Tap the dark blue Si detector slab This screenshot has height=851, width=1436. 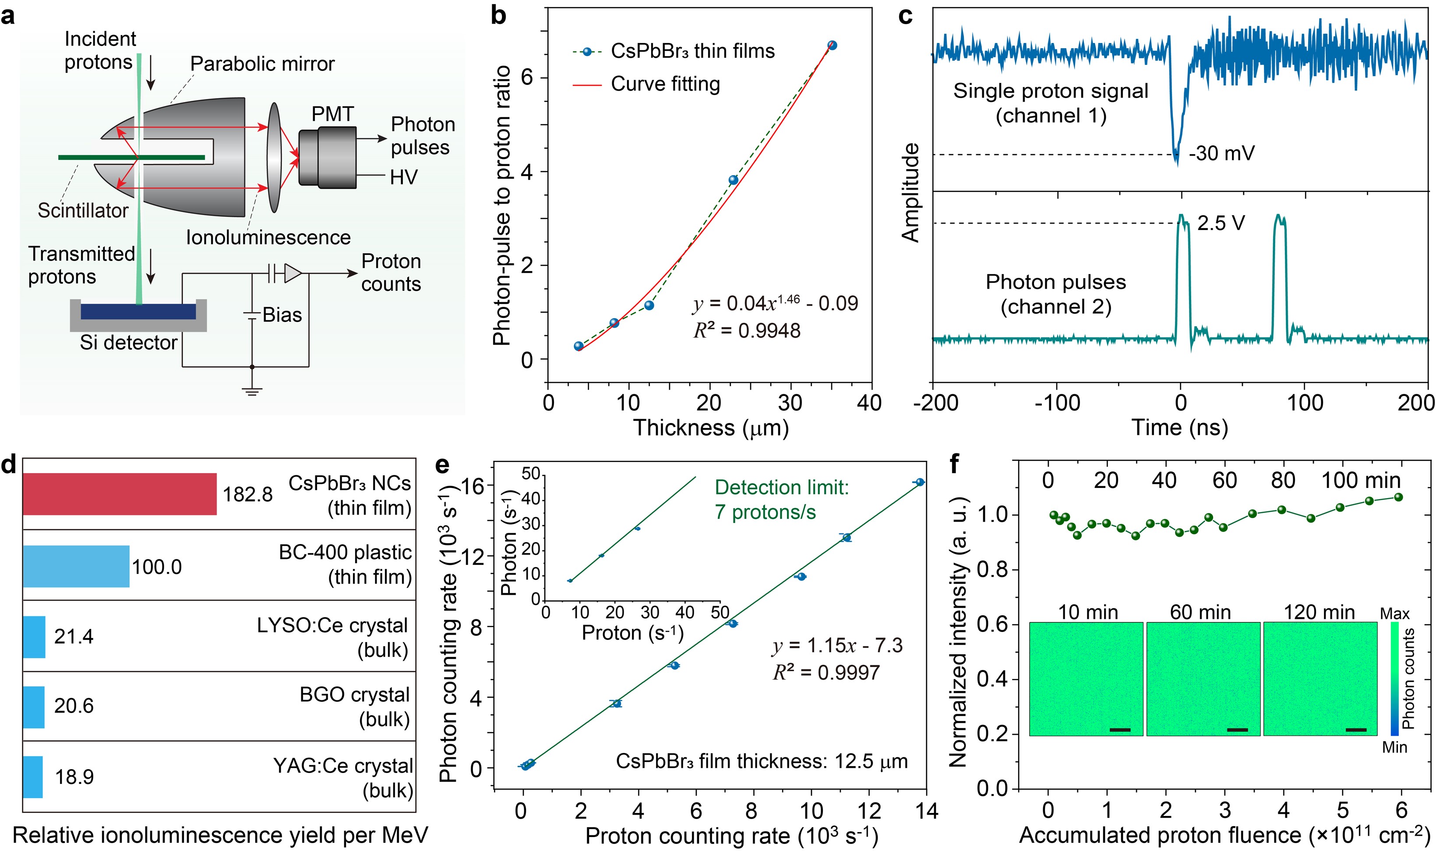coord(138,311)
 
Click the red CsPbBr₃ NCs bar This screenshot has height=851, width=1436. coord(119,494)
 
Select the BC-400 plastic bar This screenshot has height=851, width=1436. coord(76,566)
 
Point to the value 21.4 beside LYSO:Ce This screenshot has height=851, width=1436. coord(74,636)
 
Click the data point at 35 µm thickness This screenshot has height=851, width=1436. coord(832,45)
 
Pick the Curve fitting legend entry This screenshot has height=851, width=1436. coord(665,84)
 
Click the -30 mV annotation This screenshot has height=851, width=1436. coord(1221,154)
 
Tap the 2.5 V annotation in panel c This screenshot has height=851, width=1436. coord(1221,222)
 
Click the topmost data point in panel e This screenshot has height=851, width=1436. coord(920,482)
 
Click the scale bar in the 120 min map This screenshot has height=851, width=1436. coord(1356,729)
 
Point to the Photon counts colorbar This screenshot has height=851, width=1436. coord(1394,678)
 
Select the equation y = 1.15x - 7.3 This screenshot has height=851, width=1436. coord(837,646)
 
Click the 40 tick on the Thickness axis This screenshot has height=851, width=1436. coord(869,403)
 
